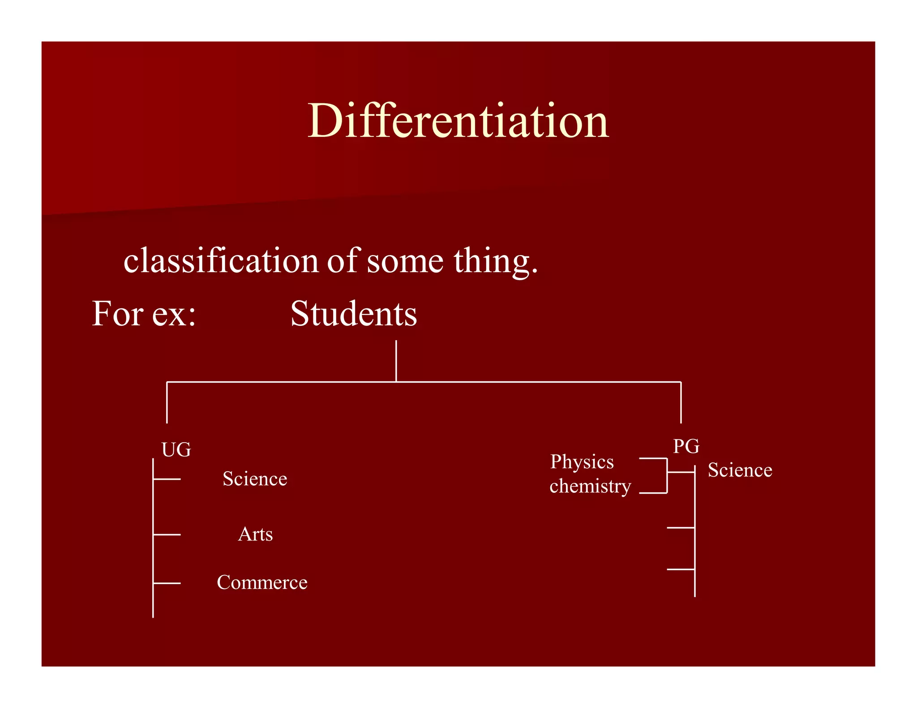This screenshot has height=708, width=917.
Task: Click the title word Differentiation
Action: [458, 121]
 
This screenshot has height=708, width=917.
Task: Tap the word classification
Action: [221, 260]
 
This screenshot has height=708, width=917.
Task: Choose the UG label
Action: [176, 449]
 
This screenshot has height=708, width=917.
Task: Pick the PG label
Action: [686, 446]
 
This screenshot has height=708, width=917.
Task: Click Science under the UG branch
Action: [255, 479]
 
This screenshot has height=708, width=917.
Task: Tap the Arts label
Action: [255, 534]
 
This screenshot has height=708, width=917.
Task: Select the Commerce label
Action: [262, 582]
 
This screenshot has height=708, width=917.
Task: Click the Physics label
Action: [582, 461]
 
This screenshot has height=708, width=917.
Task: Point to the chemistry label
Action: [590, 486]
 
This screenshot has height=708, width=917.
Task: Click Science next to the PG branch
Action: [740, 470]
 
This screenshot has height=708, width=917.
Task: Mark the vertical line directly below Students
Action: [396, 361]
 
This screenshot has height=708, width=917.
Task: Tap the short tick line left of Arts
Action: [167, 534]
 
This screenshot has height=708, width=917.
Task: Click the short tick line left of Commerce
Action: [167, 583]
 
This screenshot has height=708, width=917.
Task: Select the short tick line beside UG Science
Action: [167, 479]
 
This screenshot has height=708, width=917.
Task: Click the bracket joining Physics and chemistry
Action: [667, 476]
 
